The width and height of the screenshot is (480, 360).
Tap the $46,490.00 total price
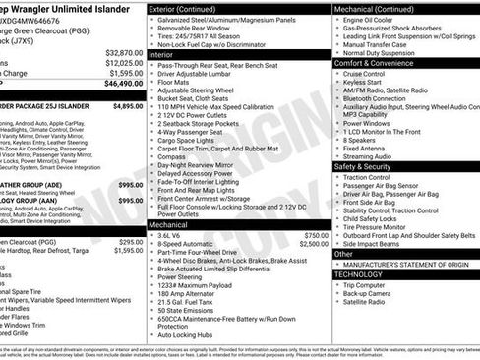(x=123, y=85)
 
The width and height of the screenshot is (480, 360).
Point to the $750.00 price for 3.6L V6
(x=316, y=236)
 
